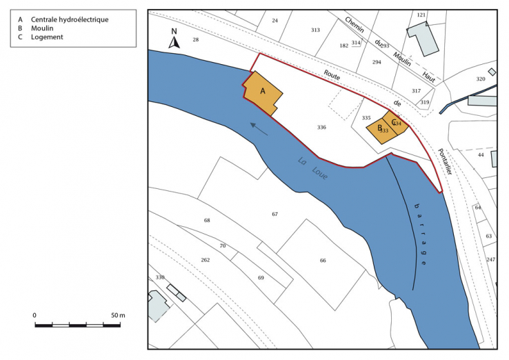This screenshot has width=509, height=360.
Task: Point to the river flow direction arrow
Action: pyautogui.click(x=259, y=129)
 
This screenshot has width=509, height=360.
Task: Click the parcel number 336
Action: pyautogui.click(x=321, y=128)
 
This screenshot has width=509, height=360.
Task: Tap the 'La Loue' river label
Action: pyautogui.click(x=312, y=170)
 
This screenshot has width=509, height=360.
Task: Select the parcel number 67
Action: pyautogui.click(x=275, y=214)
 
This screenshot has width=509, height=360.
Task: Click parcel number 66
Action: pyautogui.click(x=322, y=260)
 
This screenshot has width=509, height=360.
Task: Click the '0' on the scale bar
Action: pyautogui.click(x=34, y=315)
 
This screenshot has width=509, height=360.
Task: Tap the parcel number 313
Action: pyautogui.click(x=315, y=30)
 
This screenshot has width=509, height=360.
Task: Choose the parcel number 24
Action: pyautogui.click(x=275, y=21)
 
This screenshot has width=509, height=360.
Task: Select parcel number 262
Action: pyautogui.click(x=205, y=260)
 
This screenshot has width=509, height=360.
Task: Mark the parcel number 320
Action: pyautogui.click(x=481, y=79)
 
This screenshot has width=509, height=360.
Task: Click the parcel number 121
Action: pyautogui.click(x=421, y=14)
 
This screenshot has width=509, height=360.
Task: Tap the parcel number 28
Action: pyautogui.click(x=195, y=40)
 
